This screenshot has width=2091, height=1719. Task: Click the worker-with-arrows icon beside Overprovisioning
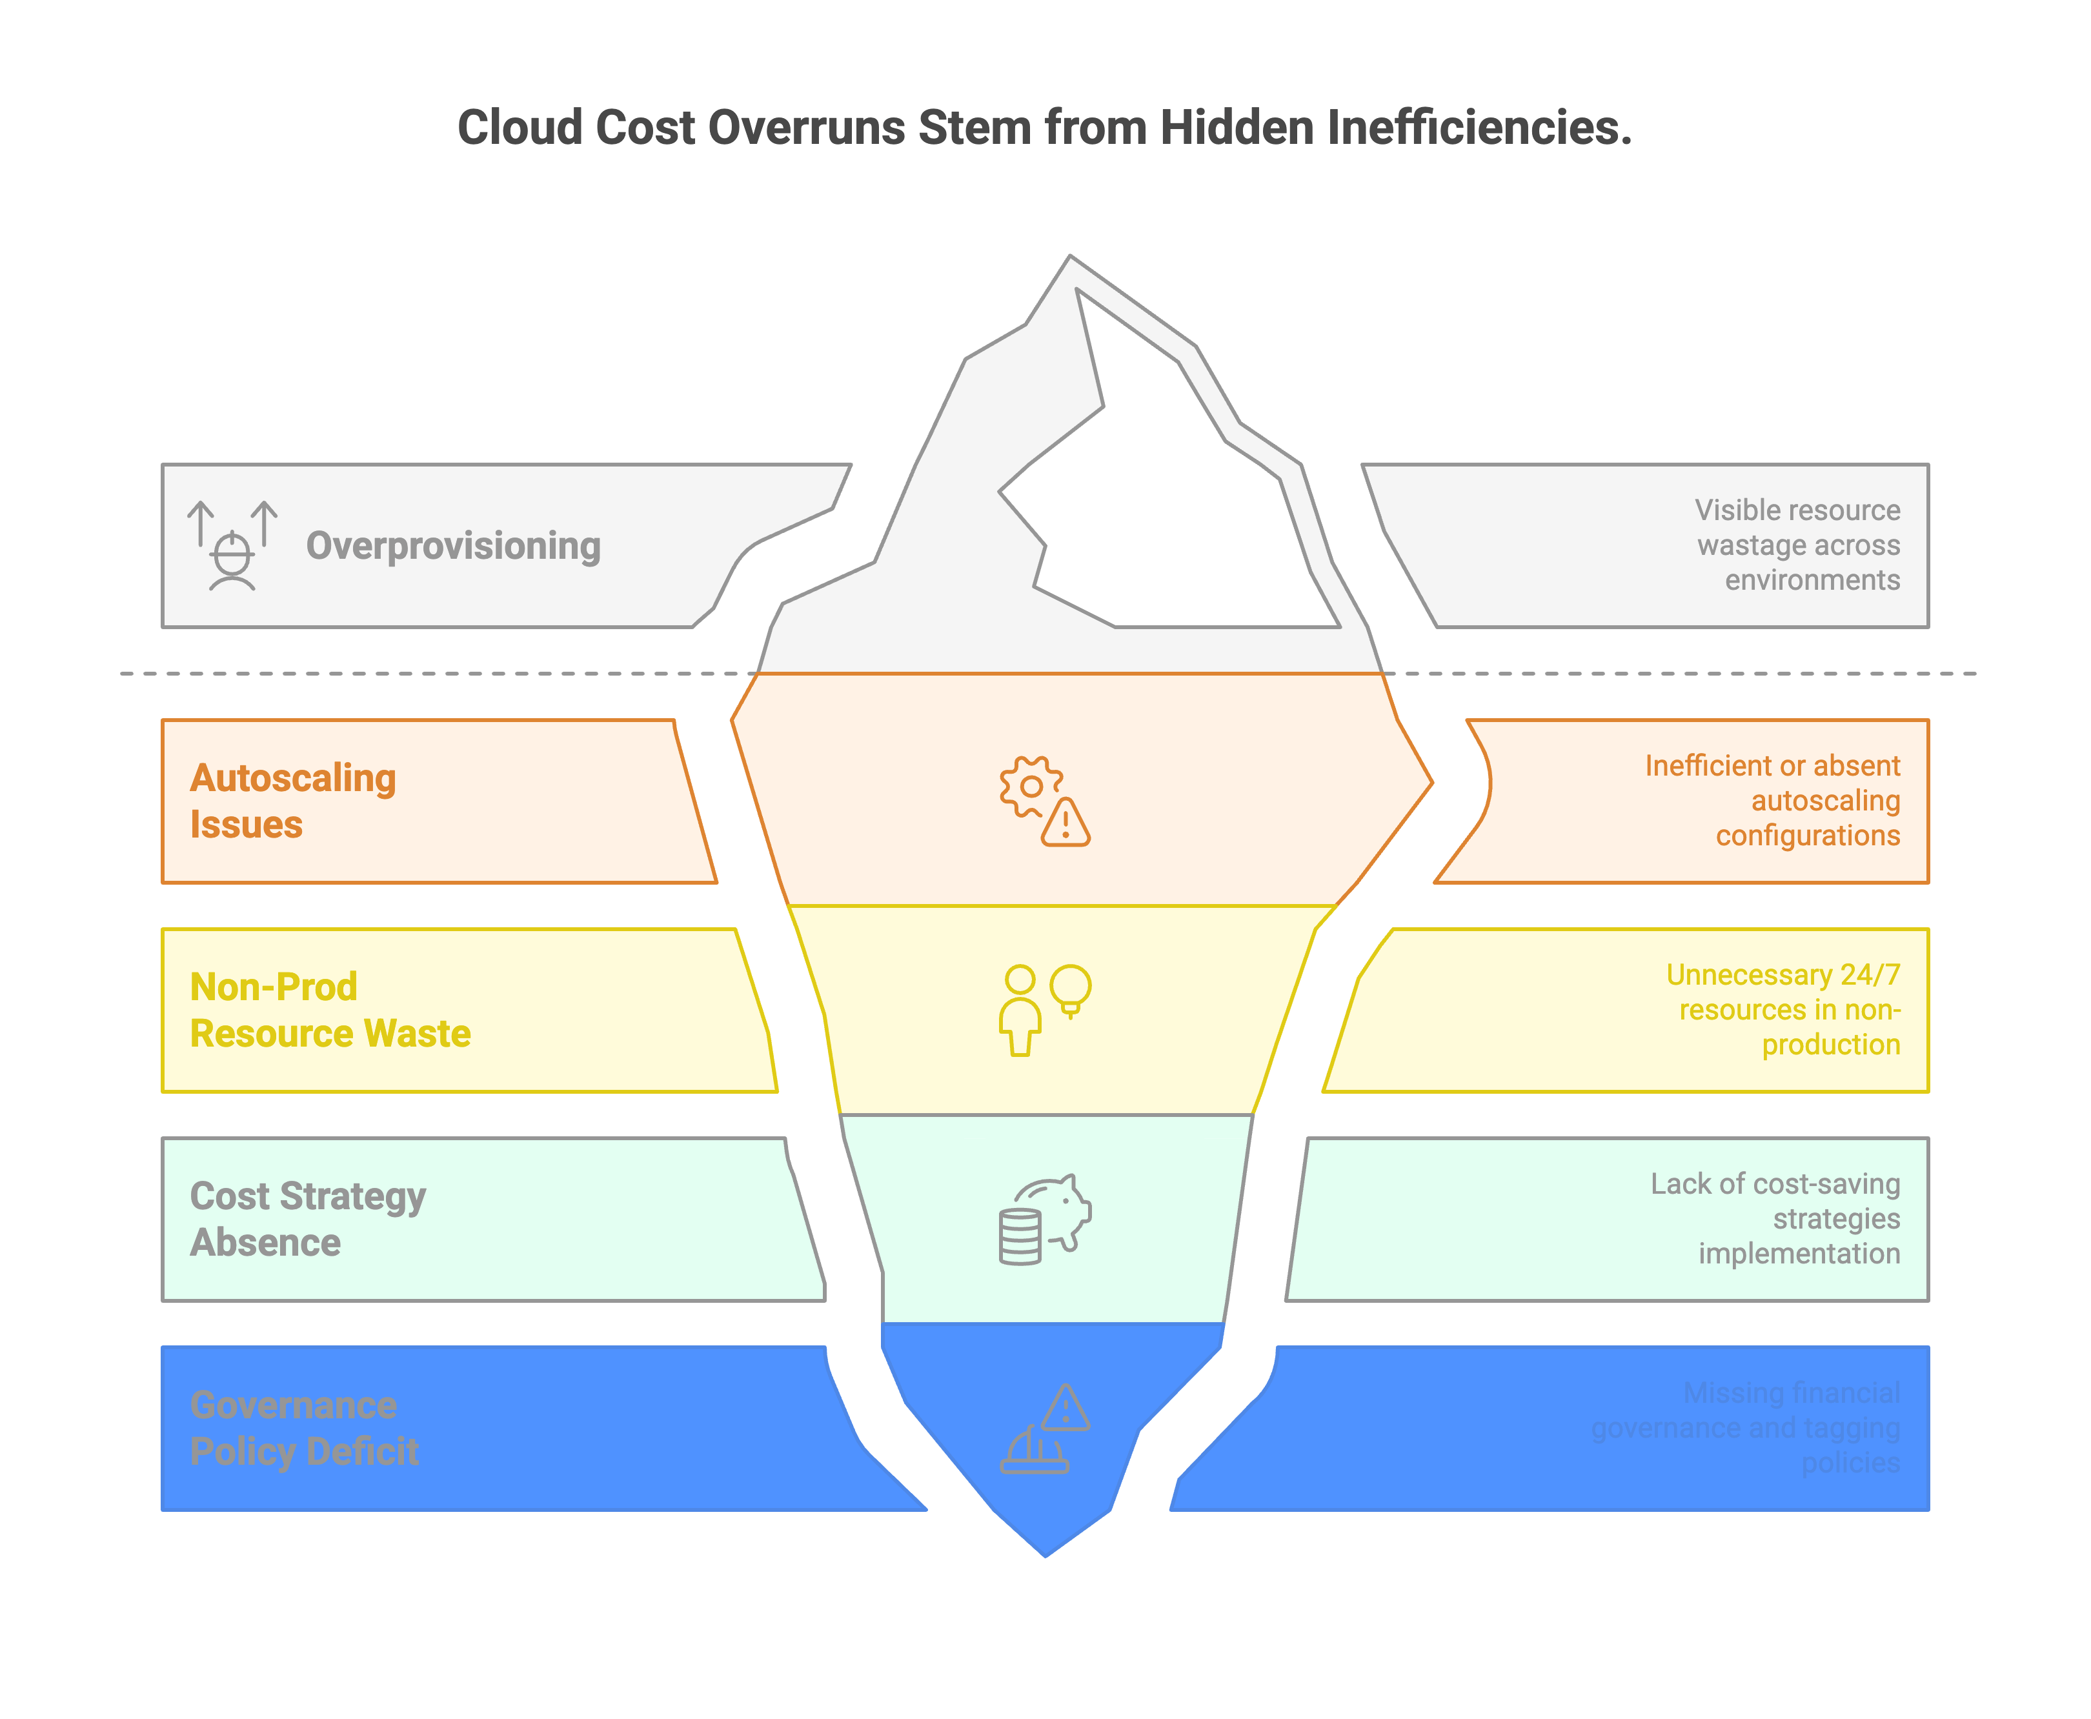tap(232, 546)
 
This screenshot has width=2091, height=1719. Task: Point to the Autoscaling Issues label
tap(293, 801)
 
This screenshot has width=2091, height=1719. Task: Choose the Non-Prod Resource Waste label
tap(330, 1010)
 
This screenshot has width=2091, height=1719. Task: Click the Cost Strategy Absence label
tap(307, 1219)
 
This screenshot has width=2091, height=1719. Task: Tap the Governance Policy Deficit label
tap(304, 1428)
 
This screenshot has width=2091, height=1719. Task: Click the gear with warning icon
tap(1044, 801)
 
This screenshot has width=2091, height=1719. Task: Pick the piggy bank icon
tap(1044, 1219)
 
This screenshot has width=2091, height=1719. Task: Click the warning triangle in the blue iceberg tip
tap(1066, 1408)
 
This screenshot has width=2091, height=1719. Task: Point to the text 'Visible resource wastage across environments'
tap(1798, 545)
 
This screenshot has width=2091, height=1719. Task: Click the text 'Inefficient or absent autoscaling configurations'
tap(1773, 800)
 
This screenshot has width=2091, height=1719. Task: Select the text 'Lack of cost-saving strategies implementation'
tap(1775, 1218)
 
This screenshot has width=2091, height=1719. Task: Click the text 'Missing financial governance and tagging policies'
tap(1746, 1427)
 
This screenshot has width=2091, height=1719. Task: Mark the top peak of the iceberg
tap(1070, 257)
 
